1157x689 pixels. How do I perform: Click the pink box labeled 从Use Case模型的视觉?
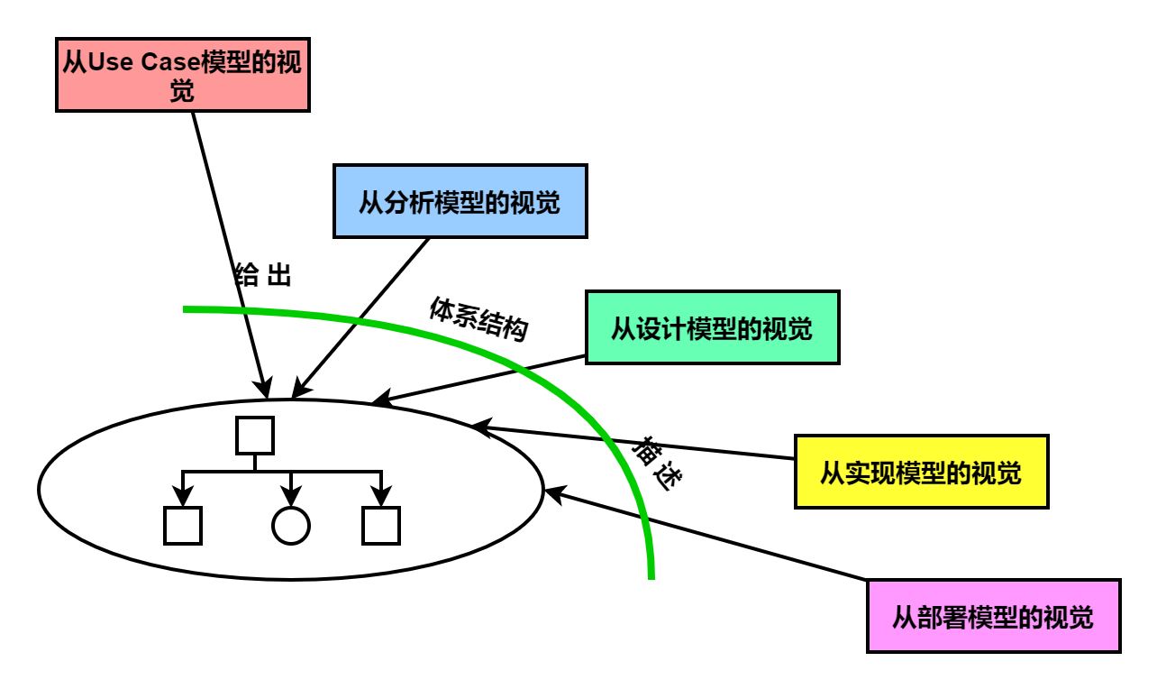tap(183, 74)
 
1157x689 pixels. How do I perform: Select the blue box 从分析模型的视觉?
tap(460, 201)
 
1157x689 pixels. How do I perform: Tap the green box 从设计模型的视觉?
tap(712, 327)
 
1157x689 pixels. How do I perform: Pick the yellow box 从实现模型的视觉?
tap(921, 472)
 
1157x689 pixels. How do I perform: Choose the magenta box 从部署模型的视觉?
tap(993, 616)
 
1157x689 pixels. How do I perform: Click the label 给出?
tap(263, 275)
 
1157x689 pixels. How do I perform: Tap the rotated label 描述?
tap(657, 464)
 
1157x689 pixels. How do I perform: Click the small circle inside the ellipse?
tap(290, 526)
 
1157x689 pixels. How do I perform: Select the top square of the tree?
tap(254, 435)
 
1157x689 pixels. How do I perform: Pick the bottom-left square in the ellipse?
tap(182, 526)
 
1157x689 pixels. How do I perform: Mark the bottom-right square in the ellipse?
tap(380, 526)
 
